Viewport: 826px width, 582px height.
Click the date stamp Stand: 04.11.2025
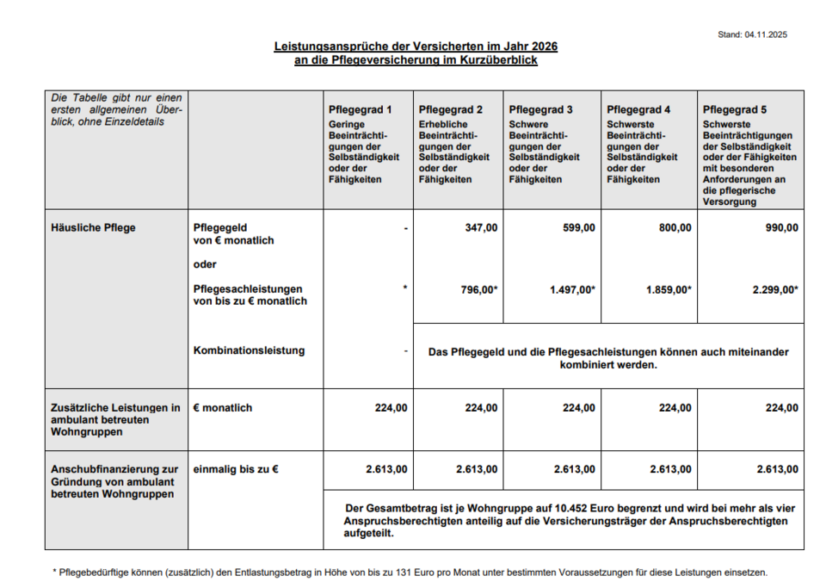point(752,34)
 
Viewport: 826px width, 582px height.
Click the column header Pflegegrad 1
point(360,110)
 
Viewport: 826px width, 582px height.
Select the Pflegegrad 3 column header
point(540,110)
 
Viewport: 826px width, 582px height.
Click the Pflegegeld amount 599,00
point(576,228)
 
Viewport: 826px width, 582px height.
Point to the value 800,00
point(674,228)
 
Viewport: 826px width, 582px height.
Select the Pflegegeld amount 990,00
point(780,228)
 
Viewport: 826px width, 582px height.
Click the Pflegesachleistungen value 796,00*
point(479,290)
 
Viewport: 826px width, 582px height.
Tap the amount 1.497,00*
point(572,290)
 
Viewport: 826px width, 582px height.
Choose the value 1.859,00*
point(669,290)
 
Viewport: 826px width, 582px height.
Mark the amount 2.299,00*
point(775,290)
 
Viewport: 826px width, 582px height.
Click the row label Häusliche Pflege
point(93,228)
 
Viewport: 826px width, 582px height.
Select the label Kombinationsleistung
point(249,350)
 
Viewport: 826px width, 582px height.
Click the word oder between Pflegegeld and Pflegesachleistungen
point(205,264)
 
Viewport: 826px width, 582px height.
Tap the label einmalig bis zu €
point(237,469)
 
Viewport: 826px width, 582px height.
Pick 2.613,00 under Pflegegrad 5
point(778,469)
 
